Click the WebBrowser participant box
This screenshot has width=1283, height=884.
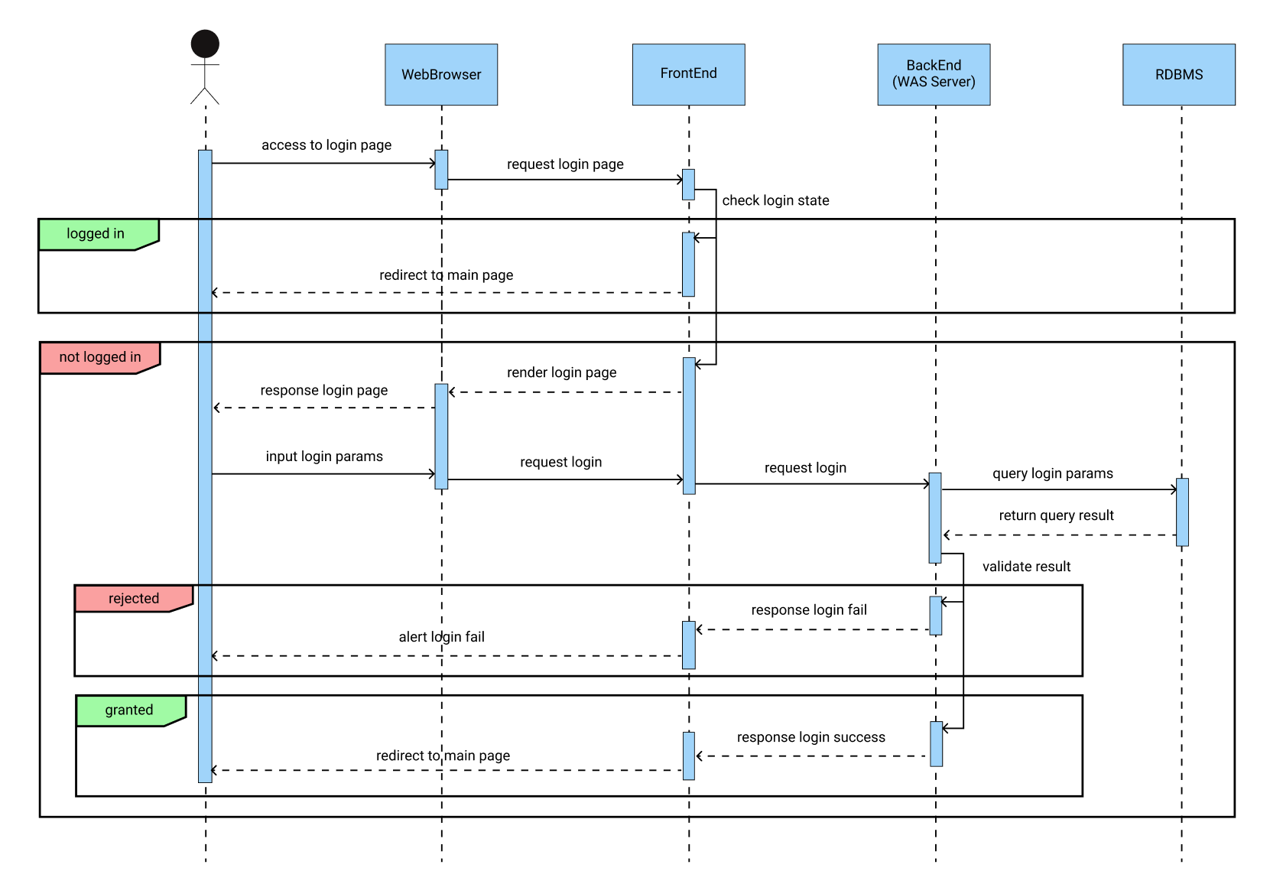pyautogui.click(x=441, y=74)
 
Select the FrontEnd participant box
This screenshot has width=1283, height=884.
pyautogui.click(x=688, y=74)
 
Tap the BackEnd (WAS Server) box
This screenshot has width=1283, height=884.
pyautogui.click(x=934, y=74)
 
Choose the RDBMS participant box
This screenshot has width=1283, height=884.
pyautogui.click(x=1178, y=74)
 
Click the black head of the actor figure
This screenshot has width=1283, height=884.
pyautogui.click(x=205, y=44)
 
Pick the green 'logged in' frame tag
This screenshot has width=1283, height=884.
pyautogui.click(x=96, y=234)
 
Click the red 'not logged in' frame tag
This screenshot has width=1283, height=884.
pyautogui.click(x=99, y=357)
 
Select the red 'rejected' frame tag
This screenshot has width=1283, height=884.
pyautogui.click(x=133, y=599)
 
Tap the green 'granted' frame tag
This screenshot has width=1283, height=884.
pyautogui.click(x=128, y=710)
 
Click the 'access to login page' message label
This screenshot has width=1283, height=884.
pyautogui.click(x=326, y=145)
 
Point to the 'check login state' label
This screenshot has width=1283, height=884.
pyautogui.click(x=775, y=200)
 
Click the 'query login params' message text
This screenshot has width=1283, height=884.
pyautogui.click(x=1052, y=473)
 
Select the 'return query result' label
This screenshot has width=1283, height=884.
pyautogui.click(x=1056, y=515)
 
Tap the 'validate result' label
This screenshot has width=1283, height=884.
pyautogui.click(x=1026, y=567)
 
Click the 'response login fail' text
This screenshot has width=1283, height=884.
pyautogui.click(x=809, y=610)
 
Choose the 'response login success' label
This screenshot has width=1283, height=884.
pyautogui.click(x=810, y=737)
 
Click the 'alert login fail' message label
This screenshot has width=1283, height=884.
pyautogui.click(x=441, y=637)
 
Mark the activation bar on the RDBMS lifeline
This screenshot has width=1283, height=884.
pyautogui.click(x=1182, y=512)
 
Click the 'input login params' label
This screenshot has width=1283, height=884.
pyautogui.click(x=324, y=457)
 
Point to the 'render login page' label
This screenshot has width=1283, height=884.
pyautogui.click(x=561, y=372)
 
